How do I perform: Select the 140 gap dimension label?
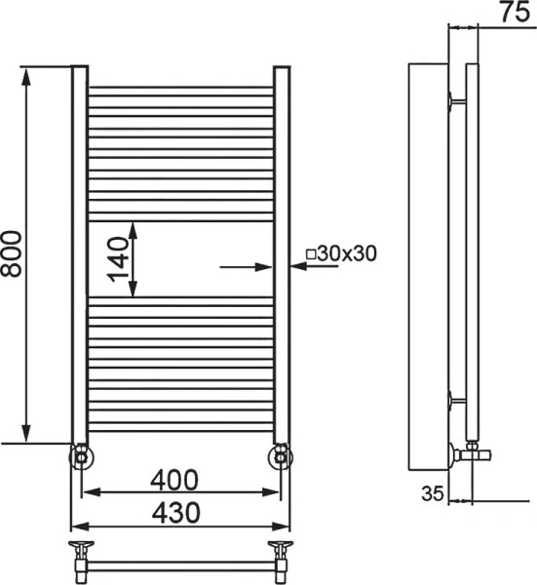[119, 259]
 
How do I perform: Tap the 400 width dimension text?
[174, 480]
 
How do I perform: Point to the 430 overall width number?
[174, 511]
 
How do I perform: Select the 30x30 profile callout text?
[347, 253]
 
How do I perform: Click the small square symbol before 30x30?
[311, 253]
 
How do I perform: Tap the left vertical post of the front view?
[80, 253]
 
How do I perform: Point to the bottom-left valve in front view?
[80, 455]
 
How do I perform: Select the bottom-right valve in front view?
[281, 455]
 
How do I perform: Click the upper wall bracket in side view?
[456, 98]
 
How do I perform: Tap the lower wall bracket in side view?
[456, 398]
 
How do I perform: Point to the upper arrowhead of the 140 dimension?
[135, 230]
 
